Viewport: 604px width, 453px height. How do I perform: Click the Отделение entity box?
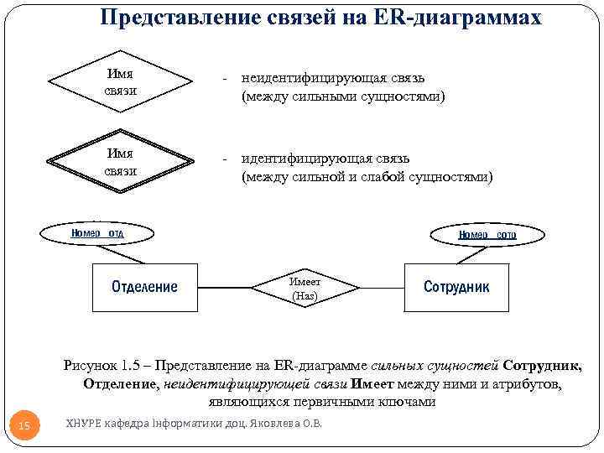(144, 287)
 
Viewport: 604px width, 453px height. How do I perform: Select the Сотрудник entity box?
(456, 287)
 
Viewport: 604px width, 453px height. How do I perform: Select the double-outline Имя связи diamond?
(121, 162)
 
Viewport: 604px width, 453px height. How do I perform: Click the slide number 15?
(24, 427)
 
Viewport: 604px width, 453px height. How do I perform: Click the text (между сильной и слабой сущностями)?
(367, 177)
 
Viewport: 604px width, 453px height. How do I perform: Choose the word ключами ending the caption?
(406, 402)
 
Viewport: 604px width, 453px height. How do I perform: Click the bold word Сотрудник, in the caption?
(542, 365)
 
